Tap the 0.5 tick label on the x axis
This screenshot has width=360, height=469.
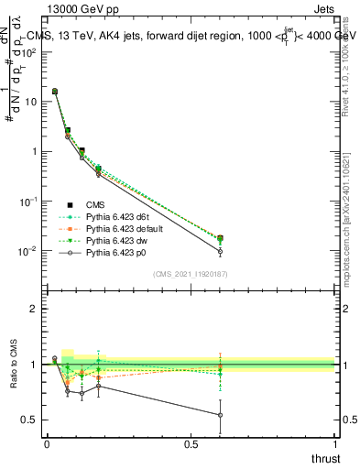[191, 443]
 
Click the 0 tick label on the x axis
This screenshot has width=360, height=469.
[47, 443]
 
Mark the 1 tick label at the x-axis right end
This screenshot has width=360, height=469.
[335, 443]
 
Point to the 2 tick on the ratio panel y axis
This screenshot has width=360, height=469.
[34, 309]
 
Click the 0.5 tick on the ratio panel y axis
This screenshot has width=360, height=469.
[30, 420]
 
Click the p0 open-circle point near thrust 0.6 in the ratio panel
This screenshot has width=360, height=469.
[220, 415]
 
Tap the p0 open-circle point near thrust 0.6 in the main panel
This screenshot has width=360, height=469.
[220, 251]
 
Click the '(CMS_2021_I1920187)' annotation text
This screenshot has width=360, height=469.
[191, 273]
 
